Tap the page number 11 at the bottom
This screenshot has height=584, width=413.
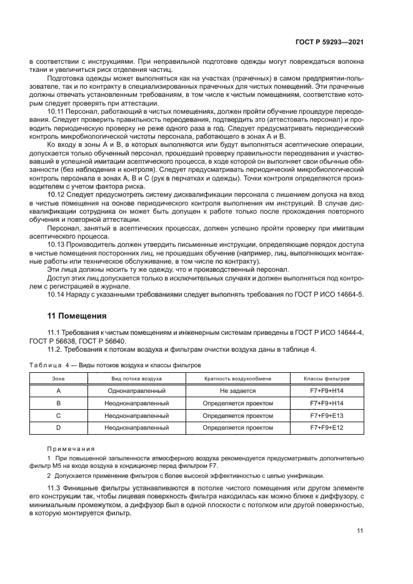(x=360, y=531)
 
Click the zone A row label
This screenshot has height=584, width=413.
(x=58, y=390)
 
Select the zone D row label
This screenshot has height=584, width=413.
(x=58, y=428)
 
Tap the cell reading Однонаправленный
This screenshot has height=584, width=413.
(x=136, y=390)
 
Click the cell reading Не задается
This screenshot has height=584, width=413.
(x=237, y=390)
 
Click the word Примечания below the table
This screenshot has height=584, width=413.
(x=71, y=448)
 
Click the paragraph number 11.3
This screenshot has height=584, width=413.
(x=55, y=487)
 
